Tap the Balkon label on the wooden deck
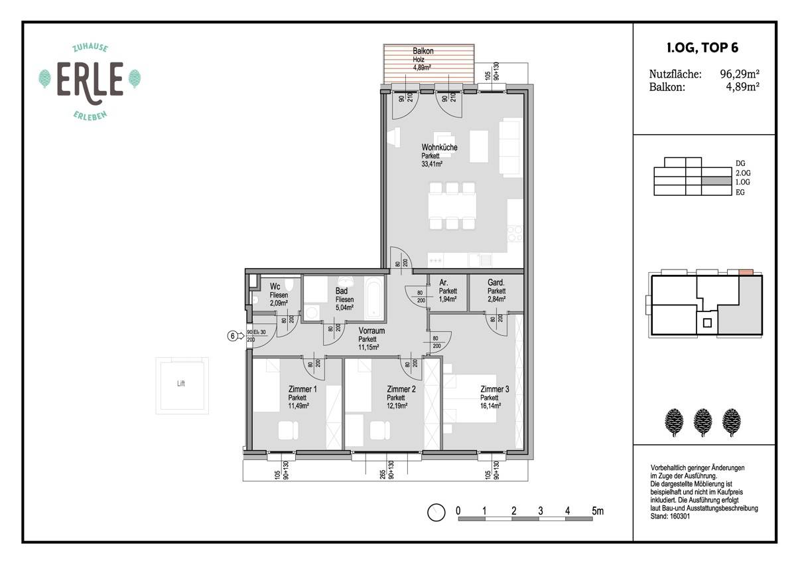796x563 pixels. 423,51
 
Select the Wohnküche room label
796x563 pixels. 439,147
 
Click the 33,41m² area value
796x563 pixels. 432,163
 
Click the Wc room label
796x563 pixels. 275,287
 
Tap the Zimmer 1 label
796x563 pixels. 302,389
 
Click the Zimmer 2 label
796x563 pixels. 401,389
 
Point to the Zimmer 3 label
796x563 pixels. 495,389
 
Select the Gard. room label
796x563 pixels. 496,282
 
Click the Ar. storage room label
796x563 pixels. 444,282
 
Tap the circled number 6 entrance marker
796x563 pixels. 232,336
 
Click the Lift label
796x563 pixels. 181,384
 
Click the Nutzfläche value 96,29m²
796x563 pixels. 740,74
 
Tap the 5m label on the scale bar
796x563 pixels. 598,511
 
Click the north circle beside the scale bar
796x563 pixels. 436,513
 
